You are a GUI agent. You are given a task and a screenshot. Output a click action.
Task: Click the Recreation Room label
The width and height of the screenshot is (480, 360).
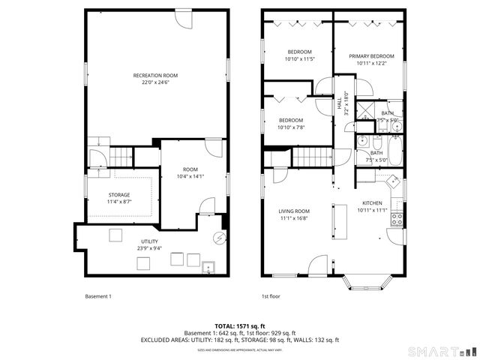coord(155,75)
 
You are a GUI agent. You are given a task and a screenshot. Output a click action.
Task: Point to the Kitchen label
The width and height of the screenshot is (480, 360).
coord(372,203)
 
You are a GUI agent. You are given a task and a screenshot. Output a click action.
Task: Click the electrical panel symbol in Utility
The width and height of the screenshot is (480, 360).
coord(219,238)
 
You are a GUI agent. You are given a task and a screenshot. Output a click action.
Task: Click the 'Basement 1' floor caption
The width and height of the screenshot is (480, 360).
coord(97,296)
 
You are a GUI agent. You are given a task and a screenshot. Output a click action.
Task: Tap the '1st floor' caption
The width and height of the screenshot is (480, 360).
coord(270,296)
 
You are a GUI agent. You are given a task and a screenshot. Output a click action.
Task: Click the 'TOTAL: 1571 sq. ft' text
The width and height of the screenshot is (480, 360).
coord(239,326)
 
